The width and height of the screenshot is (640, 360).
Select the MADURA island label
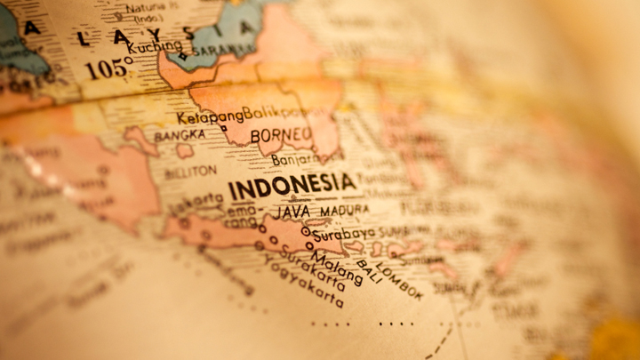344,210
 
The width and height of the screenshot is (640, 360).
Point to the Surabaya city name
345,234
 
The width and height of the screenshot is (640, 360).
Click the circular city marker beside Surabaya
306,231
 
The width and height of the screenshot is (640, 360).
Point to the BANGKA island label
180,136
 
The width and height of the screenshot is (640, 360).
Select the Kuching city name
155,46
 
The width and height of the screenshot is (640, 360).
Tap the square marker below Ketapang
223,128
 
